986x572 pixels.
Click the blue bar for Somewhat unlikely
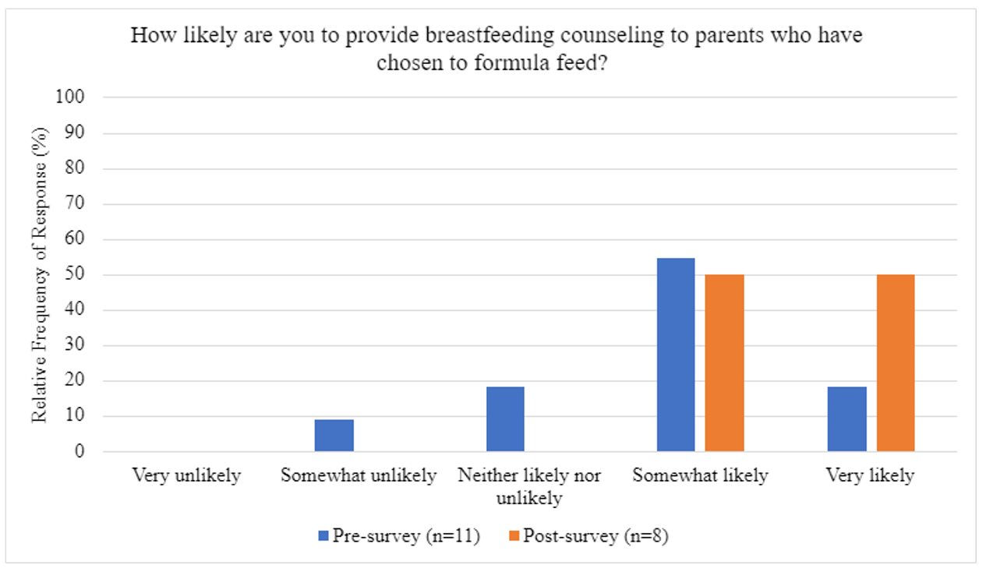coord(334,435)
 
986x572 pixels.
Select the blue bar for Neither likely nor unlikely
coord(505,419)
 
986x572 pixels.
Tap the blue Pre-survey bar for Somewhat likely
coord(676,355)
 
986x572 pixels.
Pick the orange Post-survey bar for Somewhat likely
coord(725,363)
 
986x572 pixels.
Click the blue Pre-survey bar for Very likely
coord(847,419)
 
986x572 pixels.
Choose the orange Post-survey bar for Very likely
coord(896,363)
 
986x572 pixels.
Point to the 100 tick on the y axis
coord(69,97)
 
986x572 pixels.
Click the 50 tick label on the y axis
coord(74,274)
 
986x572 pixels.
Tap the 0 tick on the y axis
coord(80,451)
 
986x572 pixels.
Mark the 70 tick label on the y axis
coord(74,203)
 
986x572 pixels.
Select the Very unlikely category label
coord(186,475)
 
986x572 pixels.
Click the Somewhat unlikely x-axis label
coord(359,475)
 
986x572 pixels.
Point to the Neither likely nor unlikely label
coord(529,486)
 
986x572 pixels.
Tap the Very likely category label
coord(870,475)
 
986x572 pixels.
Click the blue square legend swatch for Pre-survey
coord(323,536)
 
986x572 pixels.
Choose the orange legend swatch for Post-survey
coord(514,536)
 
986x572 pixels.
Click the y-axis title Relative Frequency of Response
coord(40,275)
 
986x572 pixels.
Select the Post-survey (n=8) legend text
coord(596,536)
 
